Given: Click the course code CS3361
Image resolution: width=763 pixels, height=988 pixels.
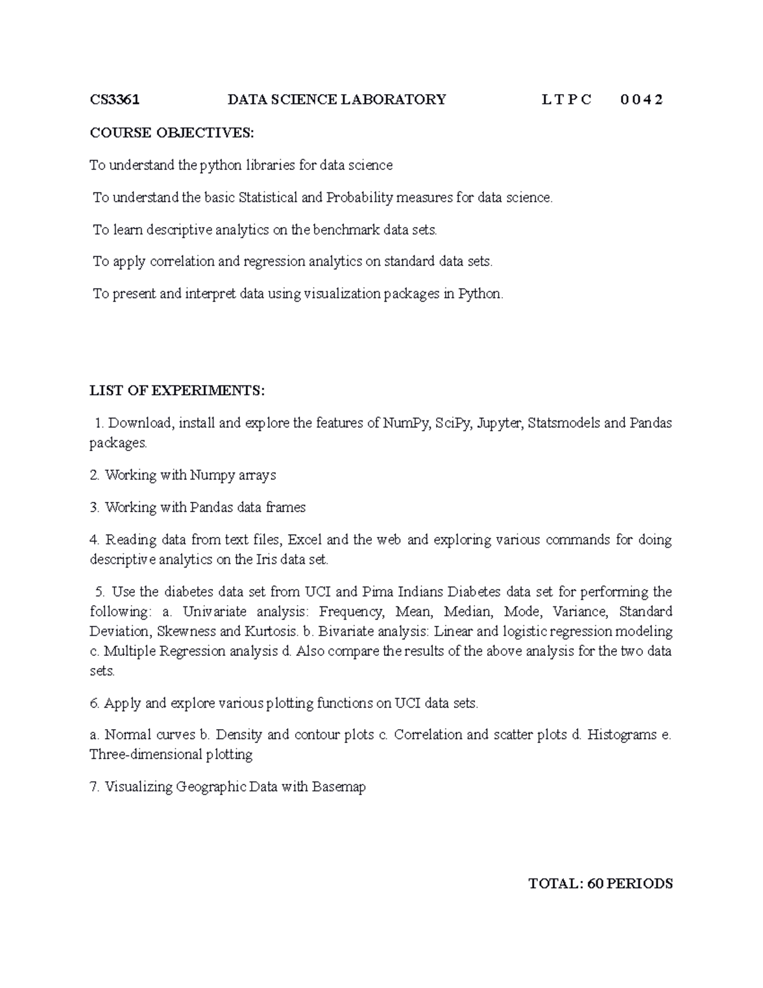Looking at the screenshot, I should point(114,99).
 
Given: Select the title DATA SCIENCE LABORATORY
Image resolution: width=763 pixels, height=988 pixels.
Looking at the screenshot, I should point(337,99).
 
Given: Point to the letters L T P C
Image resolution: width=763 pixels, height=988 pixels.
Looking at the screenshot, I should point(566,99).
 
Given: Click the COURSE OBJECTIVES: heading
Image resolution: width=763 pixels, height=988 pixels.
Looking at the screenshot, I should point(172,132).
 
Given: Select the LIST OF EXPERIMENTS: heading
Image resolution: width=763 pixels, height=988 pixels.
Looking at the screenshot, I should point(177,391).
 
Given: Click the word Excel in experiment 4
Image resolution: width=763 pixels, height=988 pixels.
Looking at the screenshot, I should point(305,540).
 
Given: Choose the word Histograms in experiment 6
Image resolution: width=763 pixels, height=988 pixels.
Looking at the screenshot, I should point(622,735).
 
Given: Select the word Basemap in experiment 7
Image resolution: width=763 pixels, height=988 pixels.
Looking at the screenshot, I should point(339,787).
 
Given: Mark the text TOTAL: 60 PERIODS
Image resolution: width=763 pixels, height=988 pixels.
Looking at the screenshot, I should point(600,884).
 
